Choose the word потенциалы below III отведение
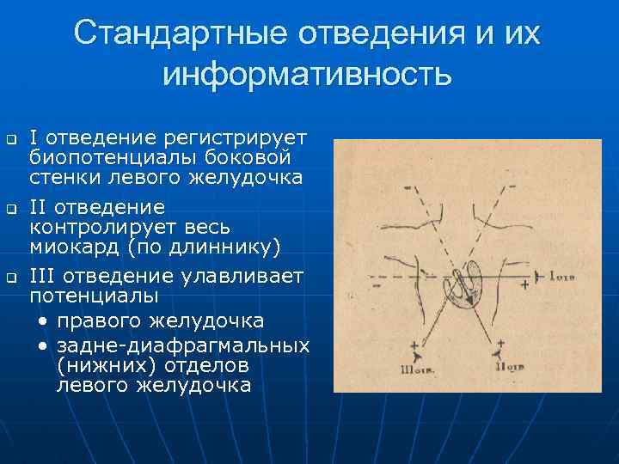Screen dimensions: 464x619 94,296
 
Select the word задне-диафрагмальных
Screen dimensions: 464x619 183,345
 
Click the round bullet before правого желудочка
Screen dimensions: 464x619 43,321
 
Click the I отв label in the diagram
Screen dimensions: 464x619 557,276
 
